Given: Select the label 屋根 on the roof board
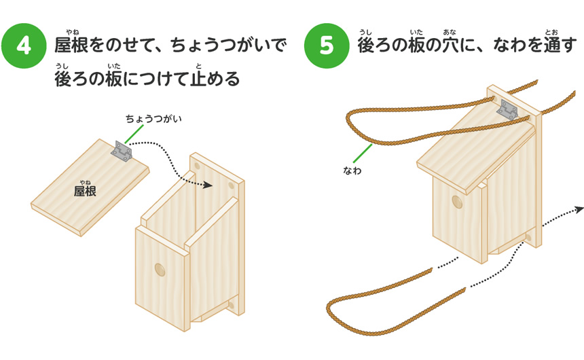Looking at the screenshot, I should click(x=85, y=191).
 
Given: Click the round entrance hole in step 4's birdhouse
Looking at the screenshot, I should click(x=160, y=270).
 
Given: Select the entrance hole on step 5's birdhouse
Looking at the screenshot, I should click(x=456, y=203).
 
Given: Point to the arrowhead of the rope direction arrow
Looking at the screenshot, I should click(x=579, y=209).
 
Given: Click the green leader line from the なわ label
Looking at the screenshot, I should click(x=363, y=154).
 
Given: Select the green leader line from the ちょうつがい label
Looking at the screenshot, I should click(x=134, y=134).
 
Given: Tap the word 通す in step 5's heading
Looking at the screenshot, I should click(x=555, y=46).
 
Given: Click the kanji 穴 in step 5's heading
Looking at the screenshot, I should click(x=449, y=46).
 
